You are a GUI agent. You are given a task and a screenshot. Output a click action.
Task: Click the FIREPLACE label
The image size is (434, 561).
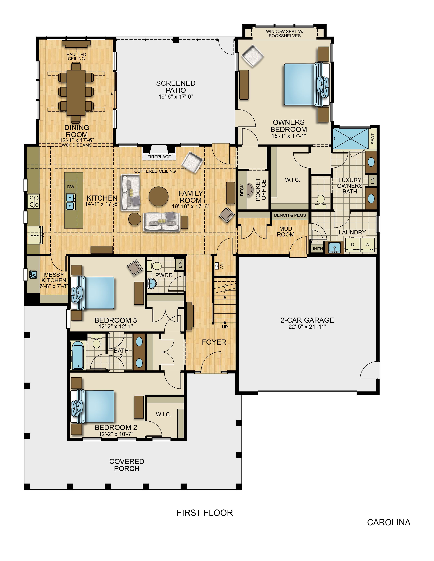(x=159, y=157)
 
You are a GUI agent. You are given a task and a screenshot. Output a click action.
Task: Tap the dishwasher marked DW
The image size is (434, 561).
(x=71, y=187)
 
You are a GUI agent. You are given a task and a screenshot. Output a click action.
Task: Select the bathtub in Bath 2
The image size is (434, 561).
(x=77, y=355)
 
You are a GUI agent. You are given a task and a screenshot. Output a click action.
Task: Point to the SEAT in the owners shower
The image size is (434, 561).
(x=373, y=139)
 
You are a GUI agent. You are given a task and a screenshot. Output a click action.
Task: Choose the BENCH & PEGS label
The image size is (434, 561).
(x=290, y=215)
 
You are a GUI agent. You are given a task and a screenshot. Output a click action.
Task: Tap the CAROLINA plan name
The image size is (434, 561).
(x=389, y=522)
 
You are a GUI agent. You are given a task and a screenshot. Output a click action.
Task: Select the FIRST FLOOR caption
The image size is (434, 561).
(x=205, y=513)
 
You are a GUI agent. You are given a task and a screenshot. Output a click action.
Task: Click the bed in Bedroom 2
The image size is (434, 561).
(x=93, y=406)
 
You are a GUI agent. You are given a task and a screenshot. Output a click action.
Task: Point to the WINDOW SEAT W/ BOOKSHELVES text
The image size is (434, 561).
(x=285, y=34)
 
